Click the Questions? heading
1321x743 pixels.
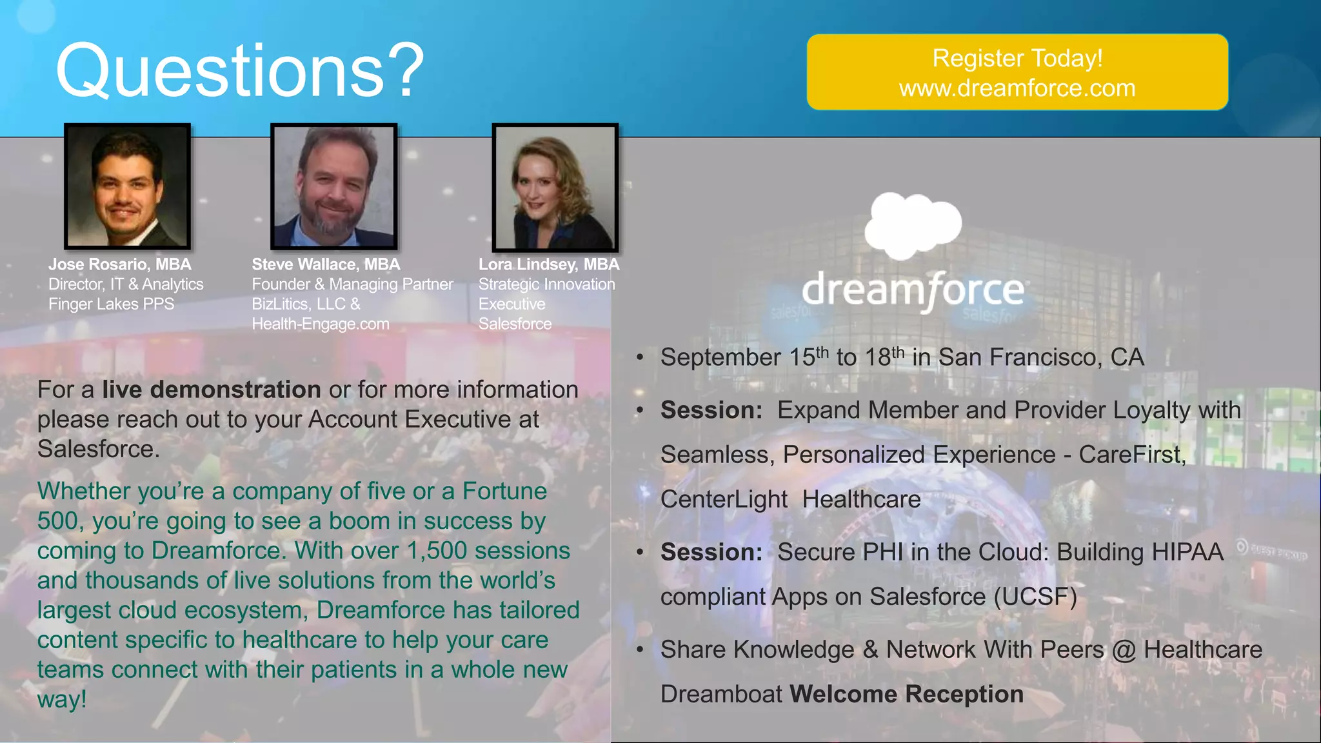pos(239,71)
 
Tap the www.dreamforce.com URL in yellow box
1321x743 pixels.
pos(1017,88)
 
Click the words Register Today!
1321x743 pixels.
pos(1017,58)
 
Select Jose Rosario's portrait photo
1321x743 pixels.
pos(128,186)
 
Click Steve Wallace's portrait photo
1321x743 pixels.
pos(333,186)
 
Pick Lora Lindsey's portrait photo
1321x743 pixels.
pos(555,187)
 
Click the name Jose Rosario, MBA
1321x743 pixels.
pos(120,264)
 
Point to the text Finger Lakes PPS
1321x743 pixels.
pos(111,304)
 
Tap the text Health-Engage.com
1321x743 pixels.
pos(321,324)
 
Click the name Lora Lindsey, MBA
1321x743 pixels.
pos(549,264)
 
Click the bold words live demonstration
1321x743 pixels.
pos(211,390)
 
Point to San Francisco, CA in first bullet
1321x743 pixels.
pos(1040,357)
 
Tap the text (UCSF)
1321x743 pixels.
pos(1035,597)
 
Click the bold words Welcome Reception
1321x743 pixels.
pos(906,694)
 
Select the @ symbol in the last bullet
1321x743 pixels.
pos(1124,650)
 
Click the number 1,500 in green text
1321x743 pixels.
pos(437,551)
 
